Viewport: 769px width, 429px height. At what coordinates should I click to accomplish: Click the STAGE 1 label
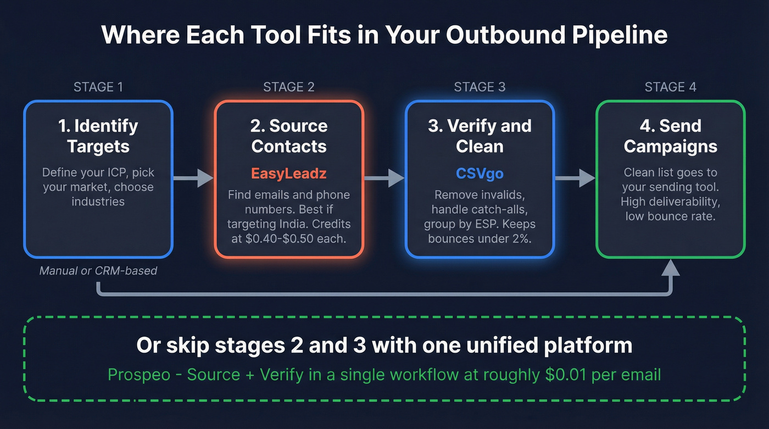tap(98, 87)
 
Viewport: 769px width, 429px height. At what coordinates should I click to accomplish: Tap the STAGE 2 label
tap(289, 87)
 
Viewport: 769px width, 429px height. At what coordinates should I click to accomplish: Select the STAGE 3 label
tap(480, 87)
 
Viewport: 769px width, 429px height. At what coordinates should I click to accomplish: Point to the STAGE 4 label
tap(670, 87)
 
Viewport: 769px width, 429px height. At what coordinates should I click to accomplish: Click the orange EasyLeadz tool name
tap(289, 174)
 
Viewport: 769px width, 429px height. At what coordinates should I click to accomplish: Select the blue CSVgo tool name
tap(480, 174)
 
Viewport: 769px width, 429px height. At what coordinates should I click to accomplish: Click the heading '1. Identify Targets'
tap(98, 136)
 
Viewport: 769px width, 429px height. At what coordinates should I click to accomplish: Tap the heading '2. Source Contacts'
tap(289, 136)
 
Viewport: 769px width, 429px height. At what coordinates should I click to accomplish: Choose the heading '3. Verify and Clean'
tap(480, 136)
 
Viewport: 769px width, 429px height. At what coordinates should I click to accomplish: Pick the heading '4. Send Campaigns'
tap(670, 136)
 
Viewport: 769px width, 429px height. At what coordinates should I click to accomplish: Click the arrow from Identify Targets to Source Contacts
tap(193, 178)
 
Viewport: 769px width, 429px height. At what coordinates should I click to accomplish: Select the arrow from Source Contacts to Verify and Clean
tap(384, 178)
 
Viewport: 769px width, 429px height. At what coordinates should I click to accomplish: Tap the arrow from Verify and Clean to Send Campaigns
tap(575, 178)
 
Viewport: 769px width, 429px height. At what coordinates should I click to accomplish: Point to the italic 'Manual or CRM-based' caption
tap(98, 271)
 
